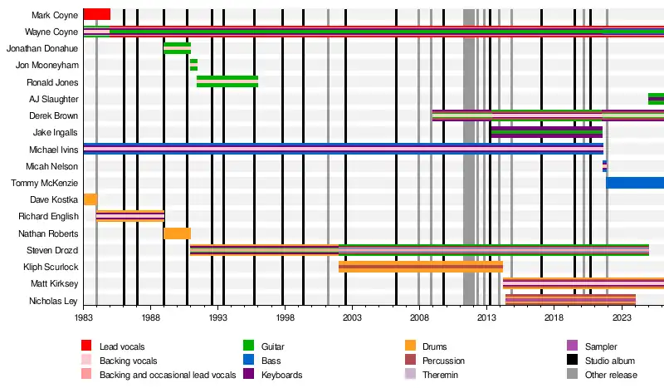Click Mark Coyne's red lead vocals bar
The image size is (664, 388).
pos(97,14)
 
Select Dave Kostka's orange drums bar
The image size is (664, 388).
pos(90,199)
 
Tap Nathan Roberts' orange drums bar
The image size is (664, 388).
pos(177,233)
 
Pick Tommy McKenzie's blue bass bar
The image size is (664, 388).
pos(635,183)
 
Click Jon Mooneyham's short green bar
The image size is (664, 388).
pos(193,65)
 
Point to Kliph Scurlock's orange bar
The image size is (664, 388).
pos(421,267)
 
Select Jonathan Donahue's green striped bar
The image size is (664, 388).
pos(177,48)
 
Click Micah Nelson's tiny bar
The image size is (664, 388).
pos(605,166)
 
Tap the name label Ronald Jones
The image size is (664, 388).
pos(52,82)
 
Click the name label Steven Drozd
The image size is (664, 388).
pos(52,250)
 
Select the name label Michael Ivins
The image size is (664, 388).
pos(54,150)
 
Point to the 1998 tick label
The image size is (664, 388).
pos(285,317)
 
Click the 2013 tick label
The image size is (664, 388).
pos(486,317)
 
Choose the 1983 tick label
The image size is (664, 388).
pos(84,317)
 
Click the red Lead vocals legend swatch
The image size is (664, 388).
pos(86,346)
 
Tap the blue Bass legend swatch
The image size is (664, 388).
pos(248,360)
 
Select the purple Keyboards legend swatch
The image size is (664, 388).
pos(248,374)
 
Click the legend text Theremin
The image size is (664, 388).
pos(440,375)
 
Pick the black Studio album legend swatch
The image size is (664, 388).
pos(572,360)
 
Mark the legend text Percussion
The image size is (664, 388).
pos(443,361)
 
